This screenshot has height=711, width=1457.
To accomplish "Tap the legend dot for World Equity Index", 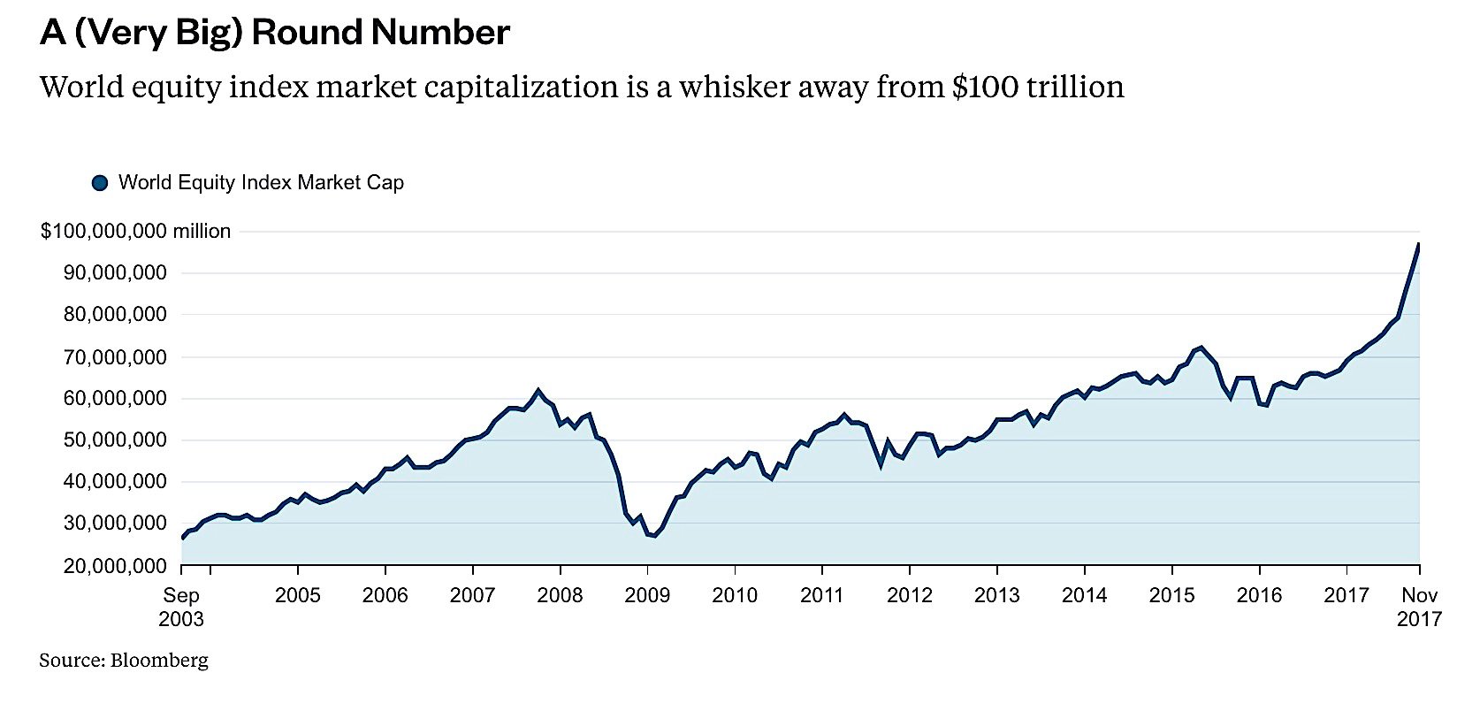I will pyautogui.click(x=100, y=183).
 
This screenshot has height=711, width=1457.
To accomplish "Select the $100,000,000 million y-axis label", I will pyautogui.click(x=135, y=232).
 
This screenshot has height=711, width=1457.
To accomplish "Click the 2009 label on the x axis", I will pyautogui.click(x=647, y=595).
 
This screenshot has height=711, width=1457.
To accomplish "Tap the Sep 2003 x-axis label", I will pyautogui.click(x=181, y=607).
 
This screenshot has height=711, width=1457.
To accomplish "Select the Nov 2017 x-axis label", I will pyautogui.click(x=1419, y=607).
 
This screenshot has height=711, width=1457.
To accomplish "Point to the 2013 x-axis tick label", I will pyautogui.click(x=997, y=595).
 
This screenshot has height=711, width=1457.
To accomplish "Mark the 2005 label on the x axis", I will pyautogui.click(x=298, y=595).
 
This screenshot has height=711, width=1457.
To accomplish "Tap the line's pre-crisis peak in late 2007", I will pyautogui.click(x=538, y=390).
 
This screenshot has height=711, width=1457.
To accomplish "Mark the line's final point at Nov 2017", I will pyautogui.click(x=1419, y=244).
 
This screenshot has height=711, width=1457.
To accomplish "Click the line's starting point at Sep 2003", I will pyautogui.click(x=183, y=538).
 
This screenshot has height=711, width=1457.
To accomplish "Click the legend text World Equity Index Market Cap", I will pyautogui.click(x=261, y=183).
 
